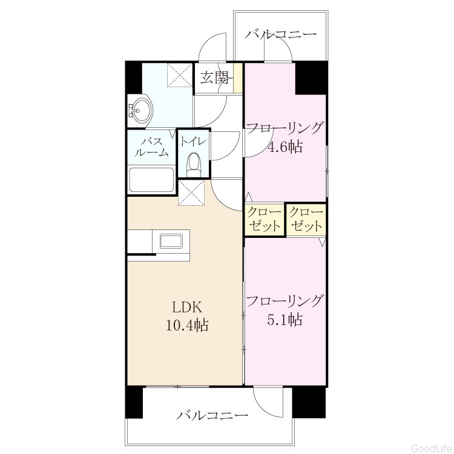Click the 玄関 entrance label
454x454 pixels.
coord(214,77)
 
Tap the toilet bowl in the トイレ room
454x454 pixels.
coord(194,165)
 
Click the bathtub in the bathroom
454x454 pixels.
coord(151,180)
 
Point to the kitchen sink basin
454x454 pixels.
coord(171,242)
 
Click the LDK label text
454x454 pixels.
coord(187,308)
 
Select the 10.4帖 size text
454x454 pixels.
coord(187,325)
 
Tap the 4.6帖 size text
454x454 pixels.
coord(285,147)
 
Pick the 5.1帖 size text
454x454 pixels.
coord(285,320)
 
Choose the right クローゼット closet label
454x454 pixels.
coord(306,219)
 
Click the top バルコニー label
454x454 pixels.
coord(280,35)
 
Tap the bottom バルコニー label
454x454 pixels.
coord(212,416)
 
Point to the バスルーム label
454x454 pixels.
coord(151,147)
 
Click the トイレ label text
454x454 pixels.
coord(194,142)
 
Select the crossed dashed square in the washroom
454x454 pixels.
coord(180,74)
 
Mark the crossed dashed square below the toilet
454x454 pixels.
coord(191,192)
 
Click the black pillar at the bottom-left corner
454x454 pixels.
coord(134,403)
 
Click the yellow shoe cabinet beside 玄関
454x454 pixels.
coord(238,78)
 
